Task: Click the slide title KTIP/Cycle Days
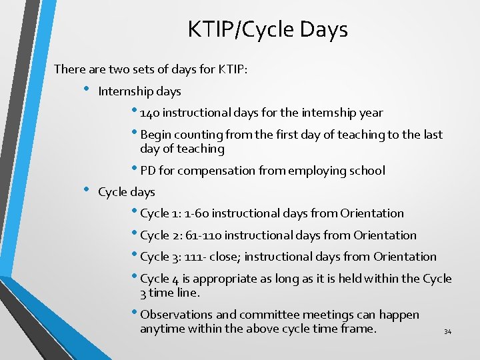tap(267, 30)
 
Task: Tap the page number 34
tap(447, 332)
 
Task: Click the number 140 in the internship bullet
tap(151, 113)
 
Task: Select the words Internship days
tap(139, 91)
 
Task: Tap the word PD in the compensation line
tap(148, 171)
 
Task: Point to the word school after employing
tap(366, 171)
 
